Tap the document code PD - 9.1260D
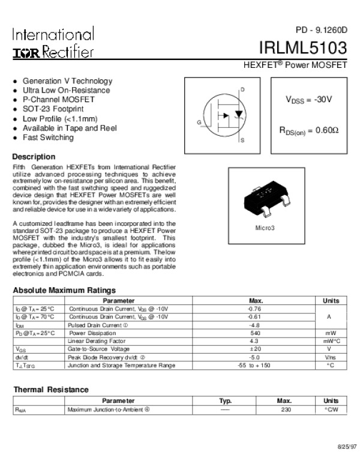(321, 30)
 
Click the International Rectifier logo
(53, 43)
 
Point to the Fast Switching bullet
(48, 138)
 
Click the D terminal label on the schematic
(242, 89)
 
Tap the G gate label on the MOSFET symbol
(199, 122)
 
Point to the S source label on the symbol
(242, 141)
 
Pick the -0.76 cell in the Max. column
(254, 309)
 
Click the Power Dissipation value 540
(254, 333)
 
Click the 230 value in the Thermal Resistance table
(284, 410)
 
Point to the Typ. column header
(226, 401)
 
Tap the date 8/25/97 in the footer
(346, 448)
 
